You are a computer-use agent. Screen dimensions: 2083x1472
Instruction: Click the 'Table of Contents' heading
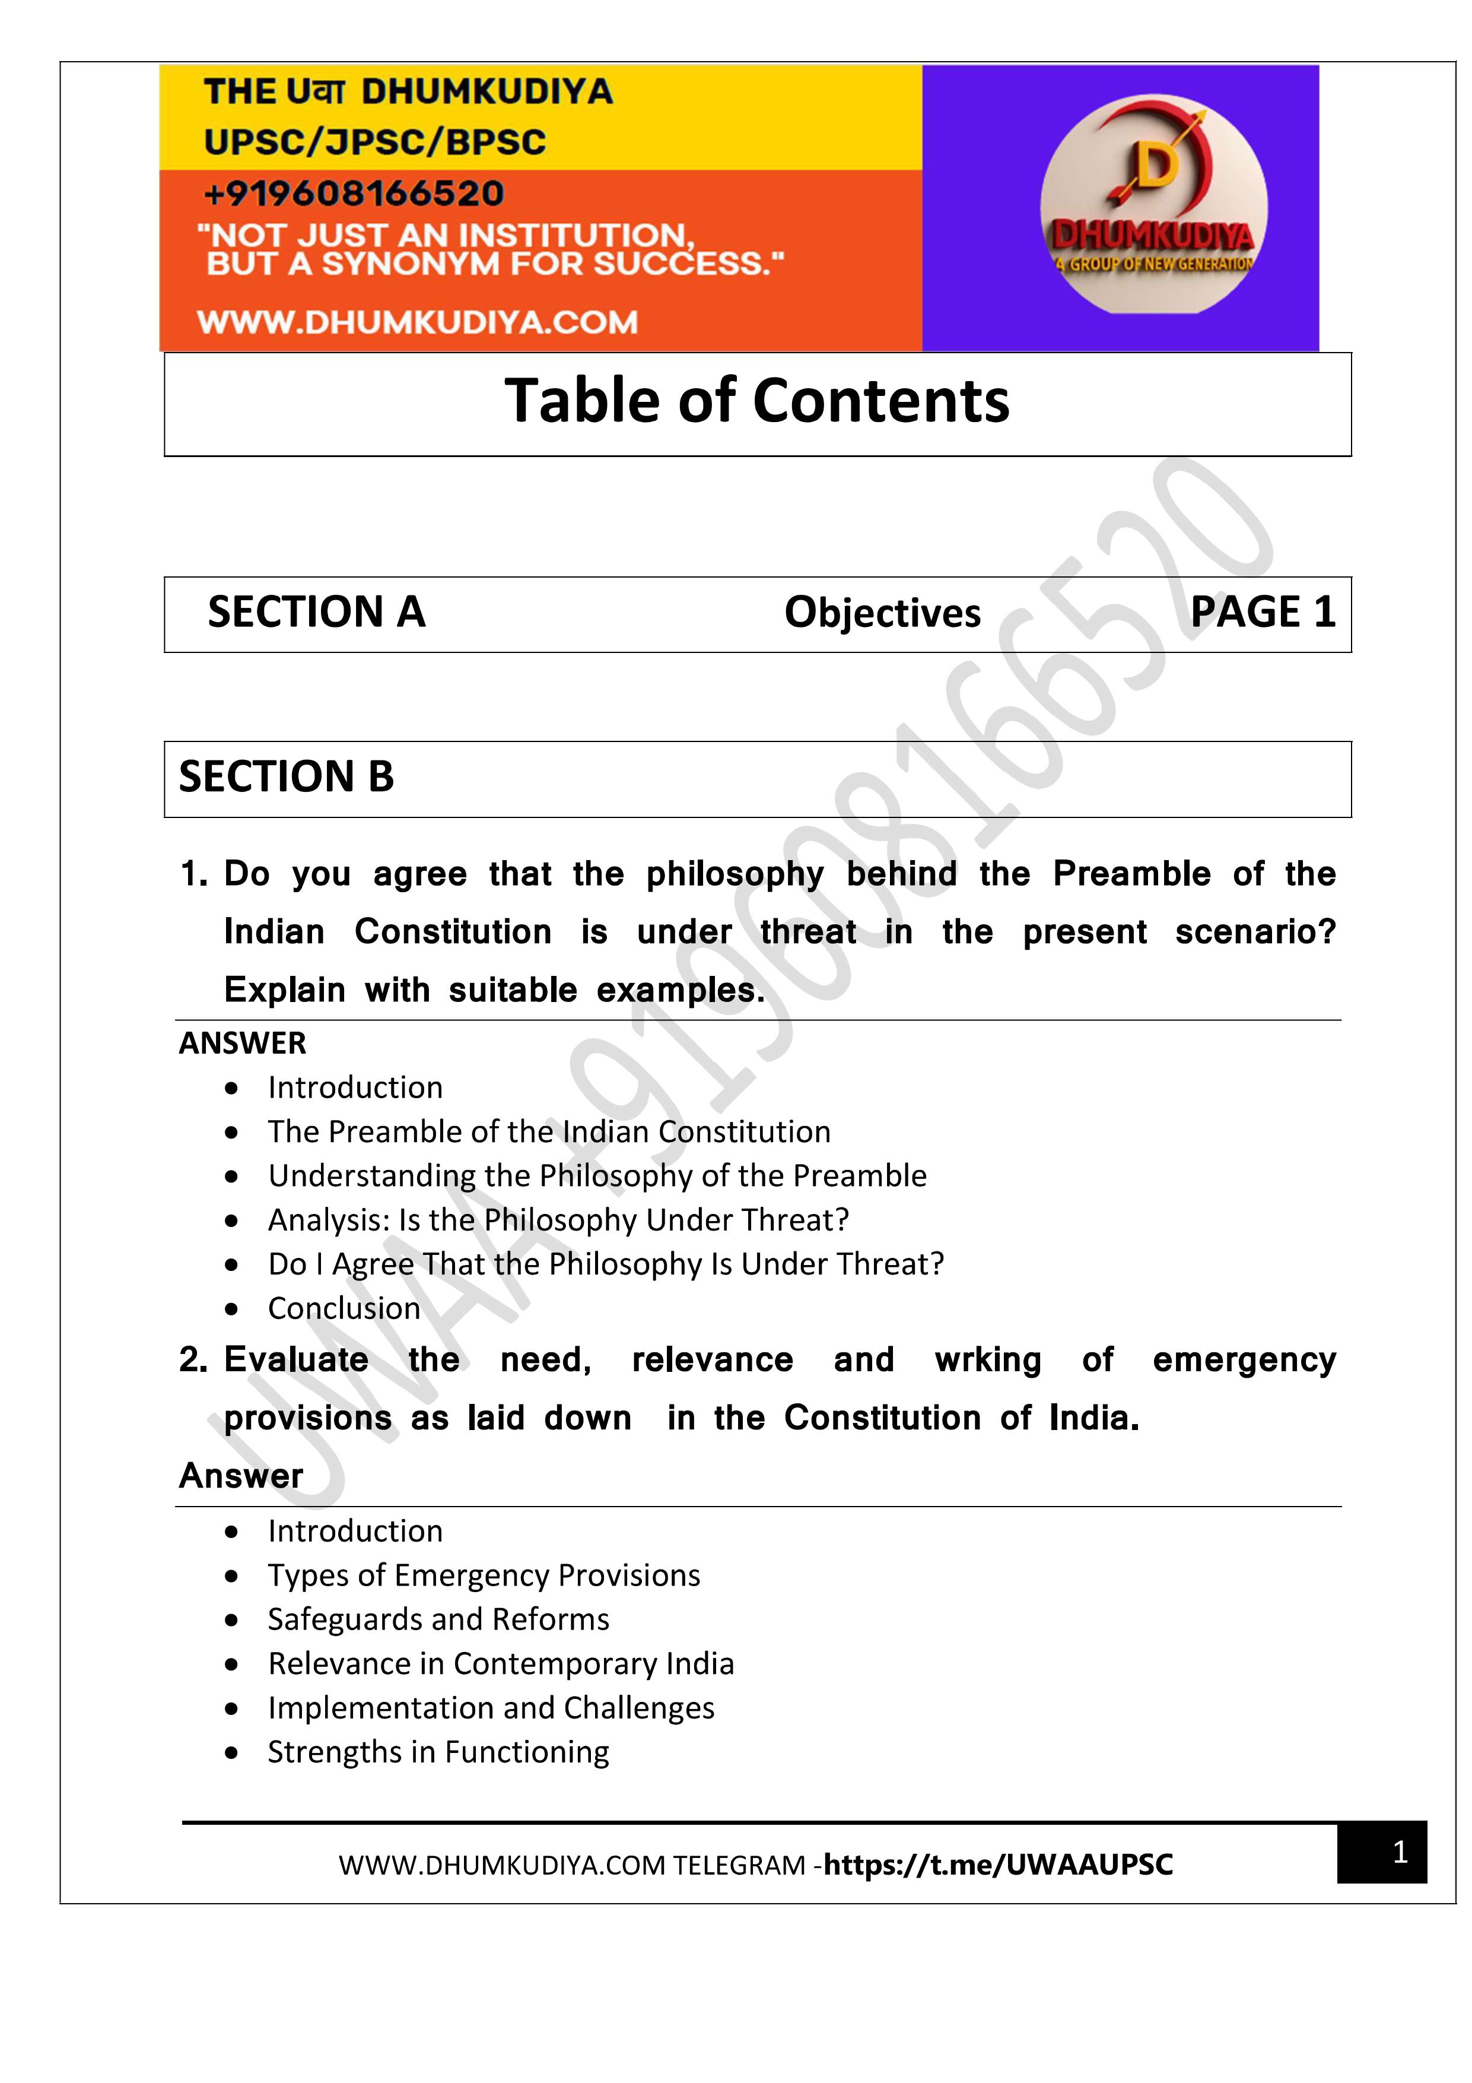point(756,401)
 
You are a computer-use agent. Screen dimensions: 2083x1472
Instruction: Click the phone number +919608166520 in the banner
point(354,194)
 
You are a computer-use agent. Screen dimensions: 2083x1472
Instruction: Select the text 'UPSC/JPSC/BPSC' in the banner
point(374,142)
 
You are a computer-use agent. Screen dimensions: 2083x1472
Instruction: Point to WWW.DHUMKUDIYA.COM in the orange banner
point(417,322)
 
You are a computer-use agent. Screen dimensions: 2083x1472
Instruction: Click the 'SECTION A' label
point(316,613)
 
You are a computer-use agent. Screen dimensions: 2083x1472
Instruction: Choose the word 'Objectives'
point(882,613)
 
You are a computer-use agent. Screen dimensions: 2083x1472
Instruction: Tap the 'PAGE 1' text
point(1261,613)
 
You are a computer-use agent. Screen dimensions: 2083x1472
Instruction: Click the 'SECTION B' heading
point(287,778)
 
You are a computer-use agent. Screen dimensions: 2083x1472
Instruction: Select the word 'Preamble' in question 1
point(1131,874)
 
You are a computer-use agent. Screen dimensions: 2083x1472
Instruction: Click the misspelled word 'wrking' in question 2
point(988,1360)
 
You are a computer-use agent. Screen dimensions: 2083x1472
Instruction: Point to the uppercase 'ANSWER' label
point(242,1044)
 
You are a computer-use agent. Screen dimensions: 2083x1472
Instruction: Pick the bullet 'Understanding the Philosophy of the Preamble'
point(597,1176)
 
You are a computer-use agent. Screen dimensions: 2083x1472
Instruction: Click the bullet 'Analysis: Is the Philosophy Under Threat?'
point(558,1220)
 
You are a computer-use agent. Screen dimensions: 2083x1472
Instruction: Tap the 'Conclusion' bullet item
point(344,1308)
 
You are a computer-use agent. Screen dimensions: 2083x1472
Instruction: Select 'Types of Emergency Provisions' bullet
point(484,1576)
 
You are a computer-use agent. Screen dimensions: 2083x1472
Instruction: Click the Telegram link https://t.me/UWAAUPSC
point(998,1865)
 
